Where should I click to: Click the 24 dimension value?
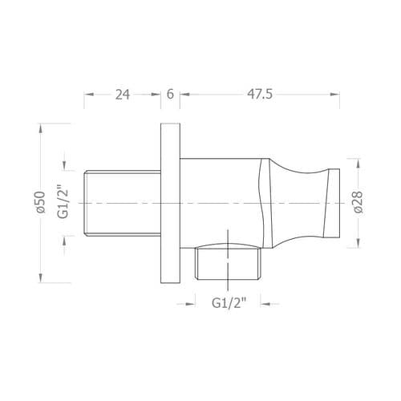[x=123, y=95]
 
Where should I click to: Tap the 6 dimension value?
[x=170, y=95]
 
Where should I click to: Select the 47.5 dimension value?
[x=260, y=95]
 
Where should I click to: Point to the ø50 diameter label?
[x=40, y=202]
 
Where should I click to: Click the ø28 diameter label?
[x=358, y=202]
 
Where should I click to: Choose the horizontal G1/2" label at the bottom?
[x=229, y=303]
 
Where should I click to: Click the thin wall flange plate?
[x=170, y=203]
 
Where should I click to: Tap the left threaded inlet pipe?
[x=123, y=203]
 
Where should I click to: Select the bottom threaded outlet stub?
[x=228, y=264]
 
